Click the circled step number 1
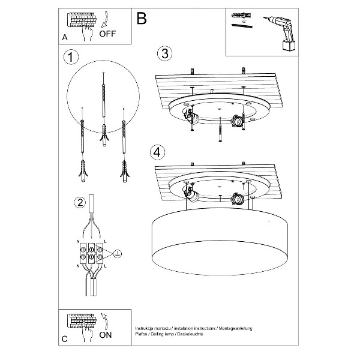[71, 57]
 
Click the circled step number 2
[79, 203]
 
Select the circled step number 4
[157, 152]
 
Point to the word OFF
[107, 34]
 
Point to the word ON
[105, 335]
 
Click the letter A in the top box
[65, 38]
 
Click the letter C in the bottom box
[65, 339]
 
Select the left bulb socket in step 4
[192, 194]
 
